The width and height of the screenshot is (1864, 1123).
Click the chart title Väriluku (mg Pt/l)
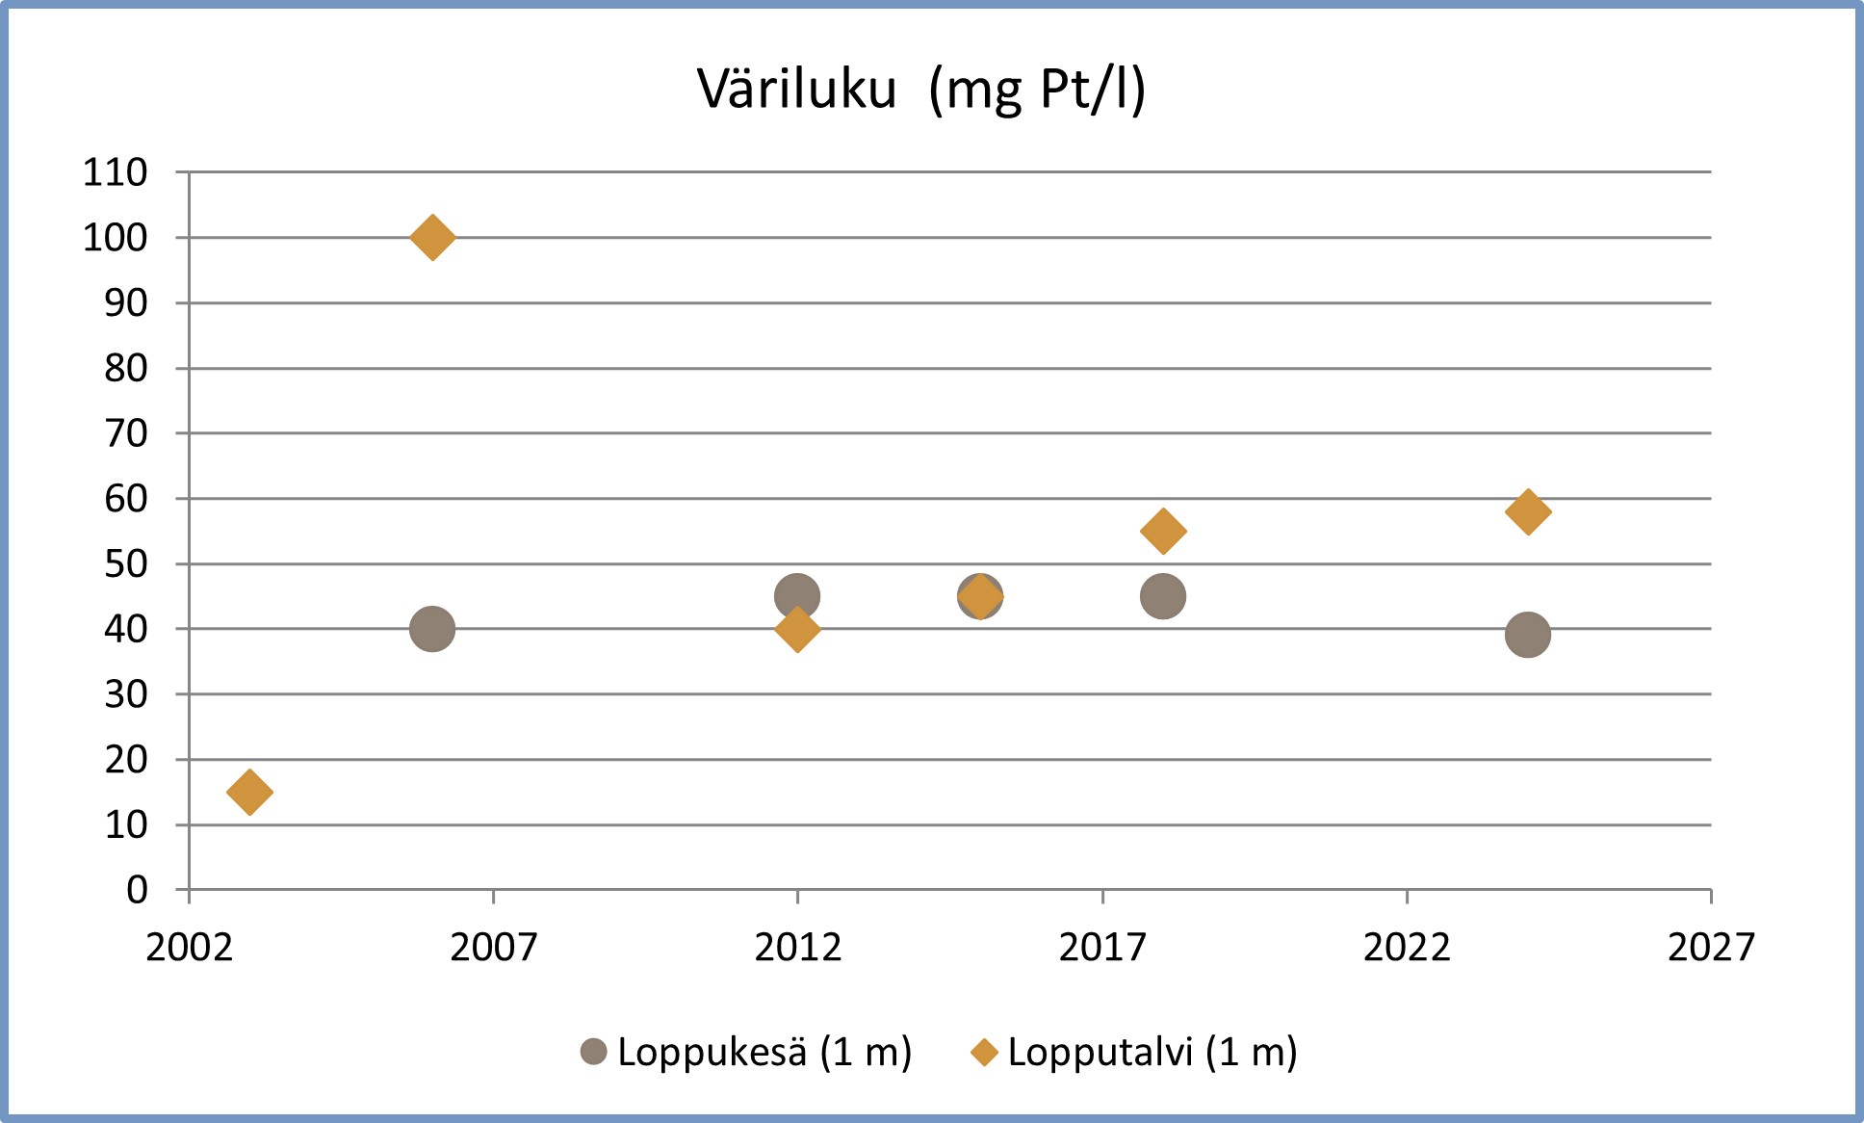pyautogui.click(x=921, y=90)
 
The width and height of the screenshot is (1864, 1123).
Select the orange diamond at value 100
pyautogui.click(x=432, y=237)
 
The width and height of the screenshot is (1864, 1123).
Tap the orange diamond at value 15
pyautogui.click(x=249, y=792)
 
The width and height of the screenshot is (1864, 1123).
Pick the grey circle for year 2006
pyautogui.click(x=432, y=629)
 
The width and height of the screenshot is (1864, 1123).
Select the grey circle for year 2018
pyautogui.click(x=1162, y=596)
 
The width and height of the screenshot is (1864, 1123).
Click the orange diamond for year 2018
pyautogui.click(x=1162, y=531)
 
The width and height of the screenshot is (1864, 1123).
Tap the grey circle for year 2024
pyautogui.click(x=1527, y=635)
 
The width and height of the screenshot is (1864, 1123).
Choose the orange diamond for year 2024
pyautogui.click(x=1527, y=511)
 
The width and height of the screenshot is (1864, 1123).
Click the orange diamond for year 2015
pyautogui.click(x=980, y=597)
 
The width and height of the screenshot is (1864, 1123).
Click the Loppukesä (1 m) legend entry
pyautogui.click(x=746, y=1052)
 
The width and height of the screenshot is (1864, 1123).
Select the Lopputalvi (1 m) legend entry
pyautogui.click(x=1134, y=1052)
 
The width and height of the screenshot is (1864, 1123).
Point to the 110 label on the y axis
pyautogui.click(x=116, y=172)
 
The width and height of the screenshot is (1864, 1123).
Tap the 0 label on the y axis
pyautogui.click(x=137, y=890)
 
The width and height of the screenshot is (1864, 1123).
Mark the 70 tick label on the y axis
pyautogui.click(x=126, y=433)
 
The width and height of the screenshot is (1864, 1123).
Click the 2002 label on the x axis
pyautogui.click(x=189, y=948)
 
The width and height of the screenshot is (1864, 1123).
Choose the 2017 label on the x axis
pyautogui.click(x=1101, y=948)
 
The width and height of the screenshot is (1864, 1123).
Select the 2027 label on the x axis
pyautogui.click(x=1710, y=948)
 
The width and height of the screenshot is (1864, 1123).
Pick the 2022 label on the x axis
pyautogui.click(x=1406, y=948)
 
